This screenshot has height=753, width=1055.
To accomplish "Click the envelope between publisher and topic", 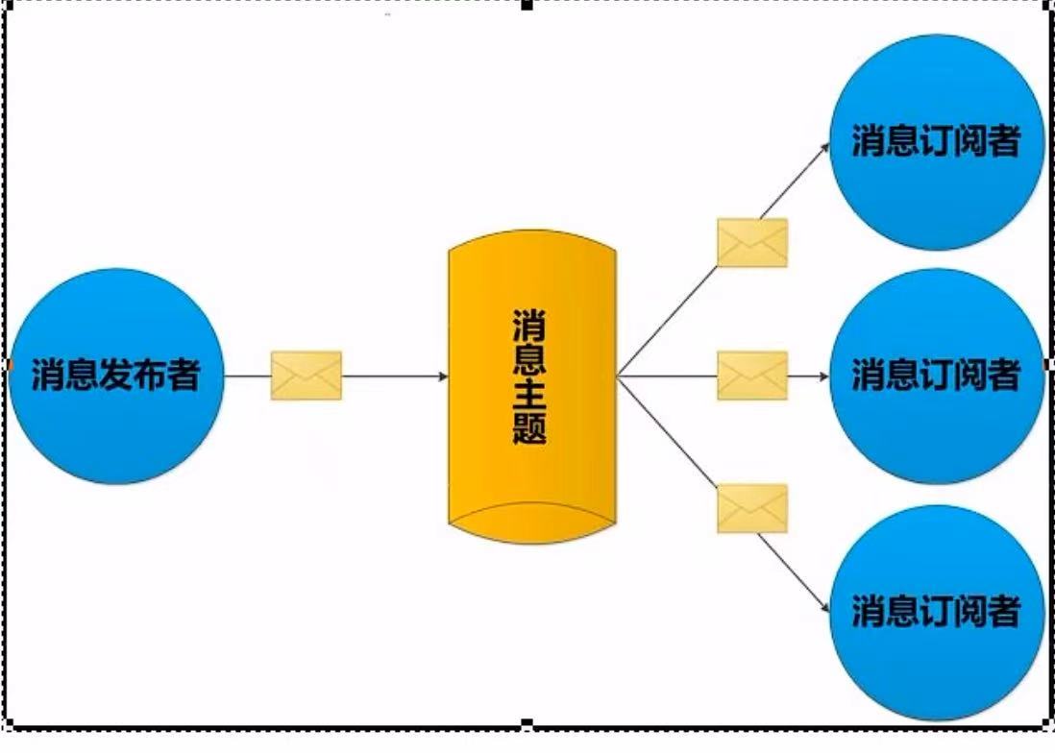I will click(307, 376).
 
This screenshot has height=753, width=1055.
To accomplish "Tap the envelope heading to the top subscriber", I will click(752, 242).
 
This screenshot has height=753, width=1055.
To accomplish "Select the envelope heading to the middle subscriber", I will click(752, 376).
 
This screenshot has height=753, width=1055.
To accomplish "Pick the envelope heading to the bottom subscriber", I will click(752, 509).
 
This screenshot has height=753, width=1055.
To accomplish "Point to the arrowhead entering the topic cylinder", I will click(444, 376).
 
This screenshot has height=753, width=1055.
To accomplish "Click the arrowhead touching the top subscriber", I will click(825, 148).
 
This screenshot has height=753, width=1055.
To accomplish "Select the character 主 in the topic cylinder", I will click(530, 393).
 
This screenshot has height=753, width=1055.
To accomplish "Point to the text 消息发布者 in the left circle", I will click(115, 376).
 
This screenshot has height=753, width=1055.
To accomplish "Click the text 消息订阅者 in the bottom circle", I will click(936, 612).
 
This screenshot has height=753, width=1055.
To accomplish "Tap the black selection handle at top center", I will click(527, 5).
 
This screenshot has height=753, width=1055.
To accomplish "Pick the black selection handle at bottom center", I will click(527, 722).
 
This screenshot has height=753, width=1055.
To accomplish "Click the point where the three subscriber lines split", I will click(618, 376).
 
